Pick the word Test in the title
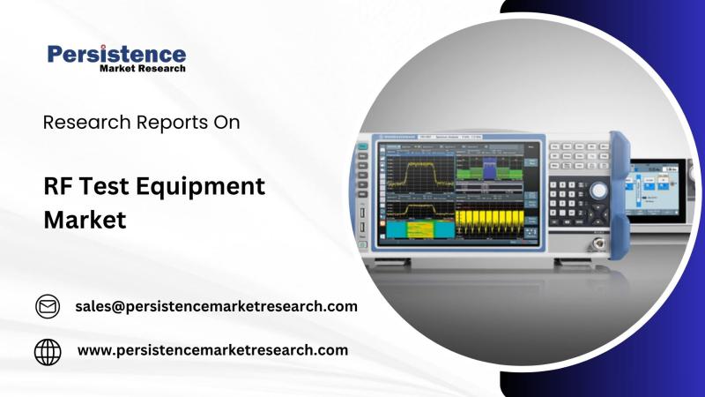(108, 186)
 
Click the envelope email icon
(47, 306)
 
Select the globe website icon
(48, 351)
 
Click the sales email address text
(216, 306)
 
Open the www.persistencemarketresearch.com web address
(212, 350)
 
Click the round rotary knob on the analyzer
(599, 190)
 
